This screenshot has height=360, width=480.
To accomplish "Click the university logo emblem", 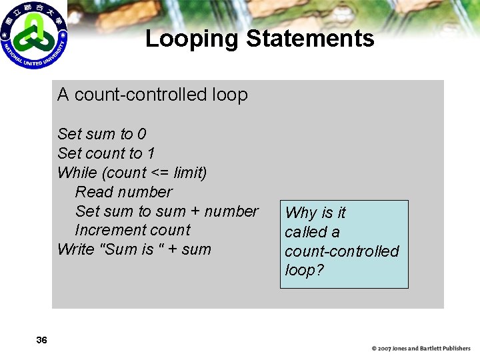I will tap(33, 35).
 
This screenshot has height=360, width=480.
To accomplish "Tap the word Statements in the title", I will tap(310, 39).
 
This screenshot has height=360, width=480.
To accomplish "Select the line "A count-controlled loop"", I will tap(153, 95).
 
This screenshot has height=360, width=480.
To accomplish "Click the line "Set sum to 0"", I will tap(102, 134).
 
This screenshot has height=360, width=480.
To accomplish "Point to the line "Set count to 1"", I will tap(106, 153).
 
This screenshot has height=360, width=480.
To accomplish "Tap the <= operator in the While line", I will tap(161, 173).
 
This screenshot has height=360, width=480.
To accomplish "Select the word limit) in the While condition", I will tap(191, 173).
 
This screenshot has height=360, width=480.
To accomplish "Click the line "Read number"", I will tap(124, 192).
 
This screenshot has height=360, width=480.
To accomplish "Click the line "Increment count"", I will tap(133, 231).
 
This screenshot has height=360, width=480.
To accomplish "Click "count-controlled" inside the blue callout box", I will tap(341, 251).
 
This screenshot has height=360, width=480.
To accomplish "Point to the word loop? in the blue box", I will tap(304, 271).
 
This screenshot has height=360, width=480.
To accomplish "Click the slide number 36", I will tap(41, 341).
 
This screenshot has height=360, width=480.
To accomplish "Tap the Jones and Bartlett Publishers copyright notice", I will tap(421, 349).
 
